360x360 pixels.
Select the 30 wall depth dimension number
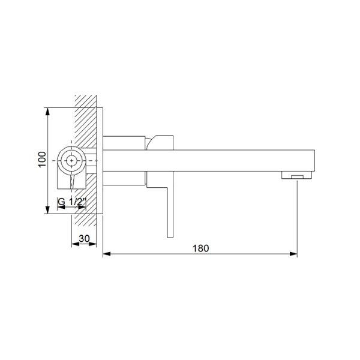click(84, 239)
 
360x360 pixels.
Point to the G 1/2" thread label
click(73, 203)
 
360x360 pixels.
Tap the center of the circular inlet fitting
click(73, 160)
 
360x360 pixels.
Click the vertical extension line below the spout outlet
click(297, 216)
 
